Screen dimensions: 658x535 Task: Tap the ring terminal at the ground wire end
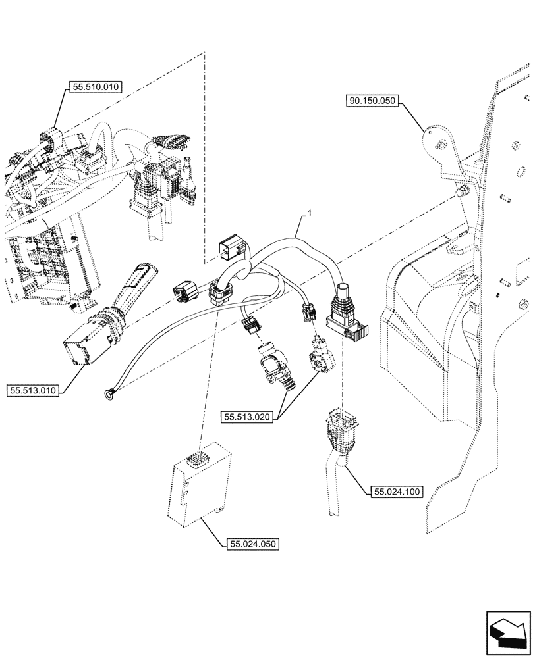coord(109,394)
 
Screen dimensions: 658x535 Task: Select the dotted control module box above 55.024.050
coord(200,484)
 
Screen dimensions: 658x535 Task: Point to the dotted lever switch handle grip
coord(139,280)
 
